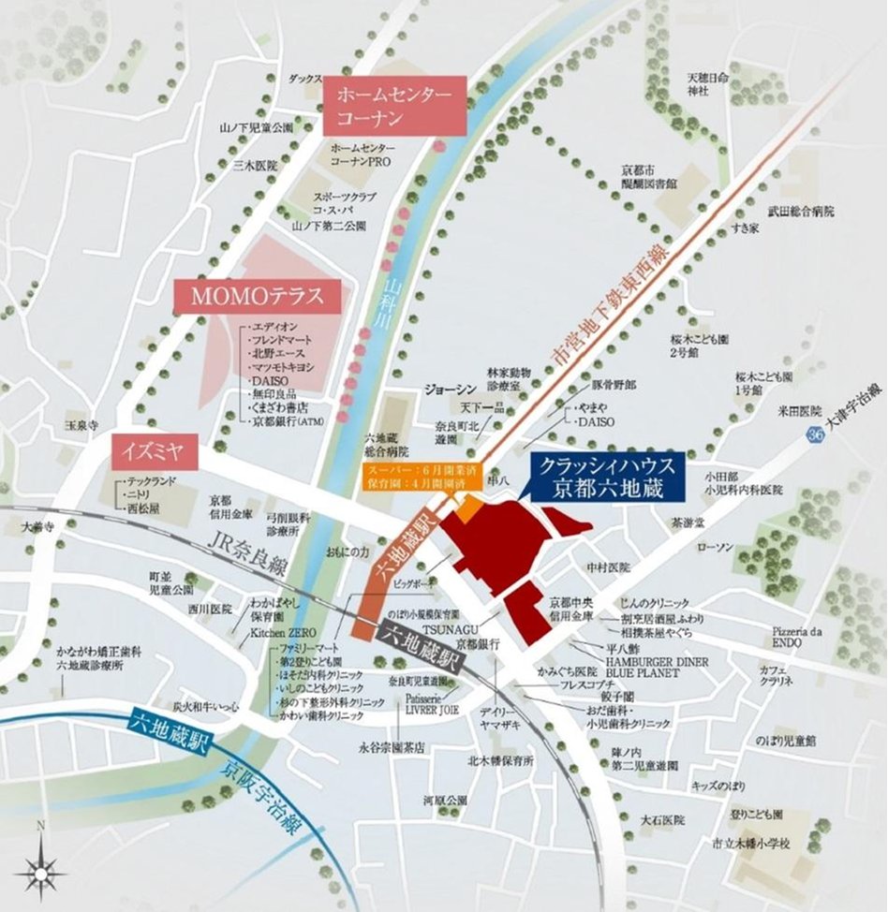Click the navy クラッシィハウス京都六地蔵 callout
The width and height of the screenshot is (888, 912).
[x=607, y=476]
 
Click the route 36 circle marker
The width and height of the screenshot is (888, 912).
[x=818, y=435]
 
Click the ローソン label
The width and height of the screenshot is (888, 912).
[x=714, y=546]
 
